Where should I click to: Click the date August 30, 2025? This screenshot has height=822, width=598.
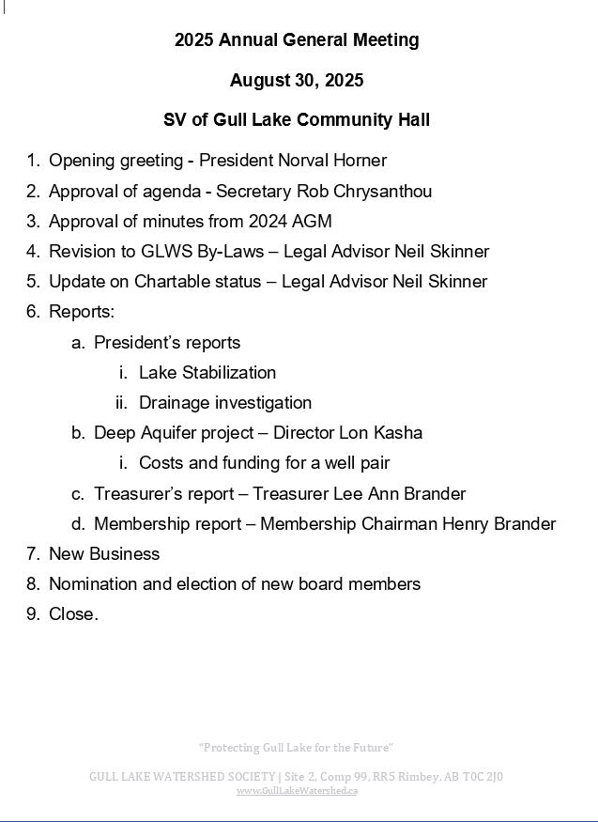297,81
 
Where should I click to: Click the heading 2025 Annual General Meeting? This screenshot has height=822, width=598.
297,39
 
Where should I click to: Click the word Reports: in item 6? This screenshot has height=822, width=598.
82,312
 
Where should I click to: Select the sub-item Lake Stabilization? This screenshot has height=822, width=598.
207,373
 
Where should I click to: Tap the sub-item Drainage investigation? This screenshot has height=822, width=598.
225,403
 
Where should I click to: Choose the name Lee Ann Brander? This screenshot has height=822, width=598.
406,494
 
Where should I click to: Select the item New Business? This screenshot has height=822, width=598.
104,554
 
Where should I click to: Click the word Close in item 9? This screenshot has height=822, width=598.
71,614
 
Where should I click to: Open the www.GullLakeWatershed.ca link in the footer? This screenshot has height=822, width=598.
297,791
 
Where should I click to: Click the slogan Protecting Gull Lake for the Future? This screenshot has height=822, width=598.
296,748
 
